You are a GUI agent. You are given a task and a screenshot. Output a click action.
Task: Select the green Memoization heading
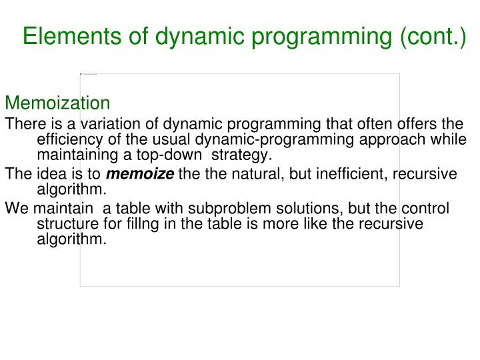click(x=57, y=103)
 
